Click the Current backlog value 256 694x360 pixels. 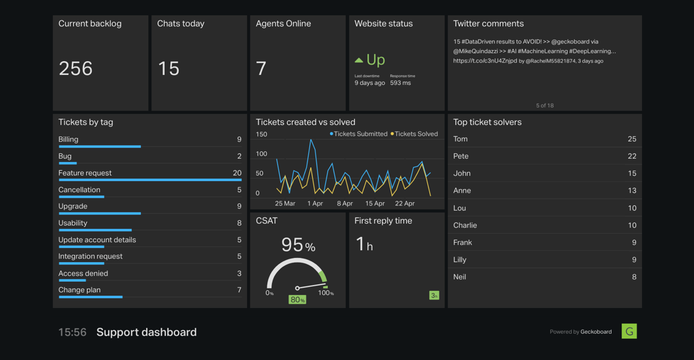click(x=76, y=68)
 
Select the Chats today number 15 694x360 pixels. click(x=169, y=68)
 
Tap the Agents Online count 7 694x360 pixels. click(x=261, y=68)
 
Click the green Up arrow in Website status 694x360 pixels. click(x=359, y=60)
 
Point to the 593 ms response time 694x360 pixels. click(x=400, y=83)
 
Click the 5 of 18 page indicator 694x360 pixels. click(x=545, y=105)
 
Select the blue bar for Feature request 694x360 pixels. click(x=149, y=180)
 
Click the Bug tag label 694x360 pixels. click(x=65, y=156)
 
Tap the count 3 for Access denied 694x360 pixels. click(x=239, y=273)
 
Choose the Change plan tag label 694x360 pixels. click(x=80, y=290)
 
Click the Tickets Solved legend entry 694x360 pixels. click(x=415, y=134)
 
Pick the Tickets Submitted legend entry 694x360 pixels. click(x=360, y=134)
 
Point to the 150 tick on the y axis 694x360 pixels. click(x=261, y=134)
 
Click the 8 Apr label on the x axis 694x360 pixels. click(x=345, y=203)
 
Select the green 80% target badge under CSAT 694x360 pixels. click(x=298, y=299)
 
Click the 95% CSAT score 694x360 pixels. click(x=298, y=245)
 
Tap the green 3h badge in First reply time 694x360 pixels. click(x=434, y=296)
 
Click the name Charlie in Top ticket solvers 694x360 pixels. click(x=465, y=225)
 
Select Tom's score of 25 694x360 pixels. click(x=631, y=139)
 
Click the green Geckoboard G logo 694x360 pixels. click(x=629, y=331)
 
